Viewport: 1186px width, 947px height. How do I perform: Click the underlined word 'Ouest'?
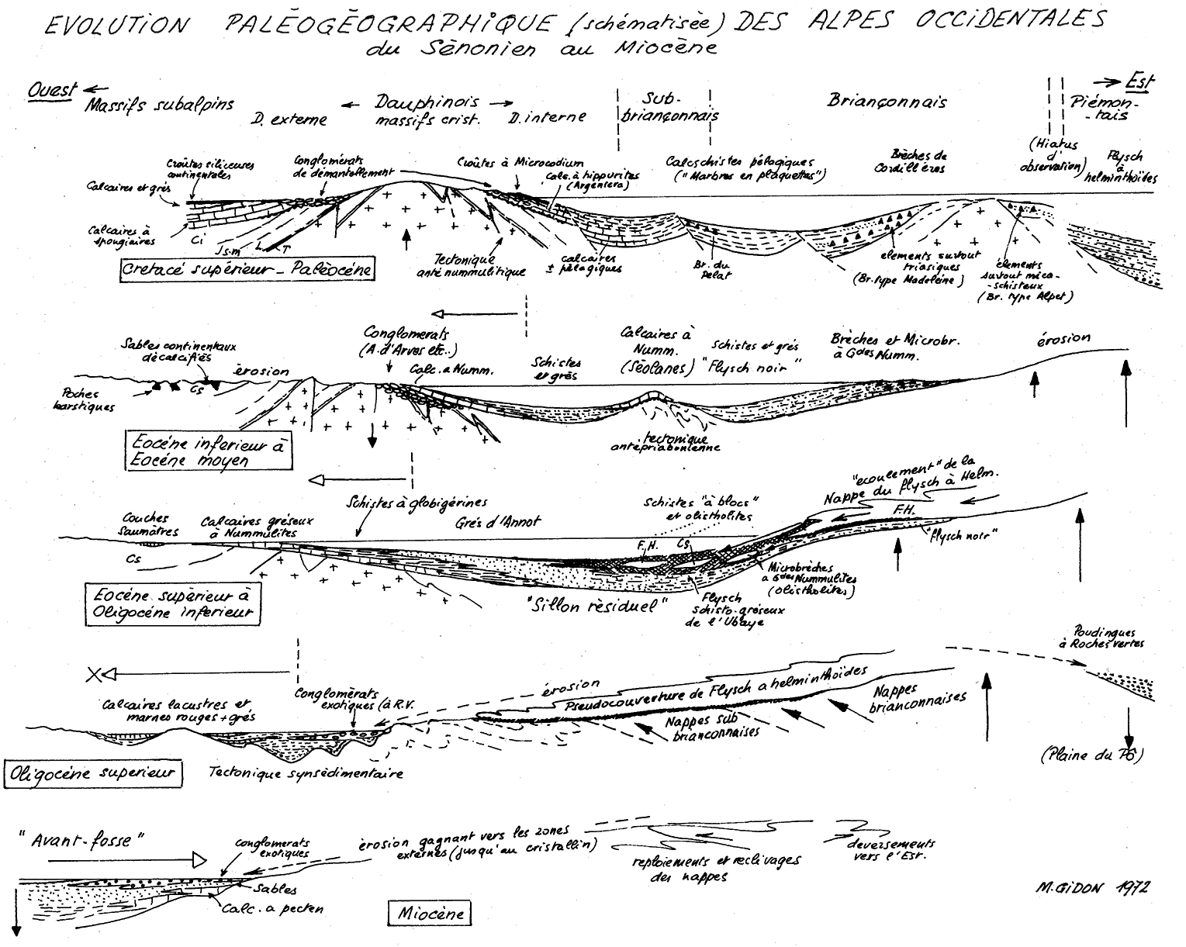tap(53, 90)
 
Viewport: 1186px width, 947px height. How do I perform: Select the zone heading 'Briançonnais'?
tap(887, 102)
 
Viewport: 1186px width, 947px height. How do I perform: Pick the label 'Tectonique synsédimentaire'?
tap(306, 773)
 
